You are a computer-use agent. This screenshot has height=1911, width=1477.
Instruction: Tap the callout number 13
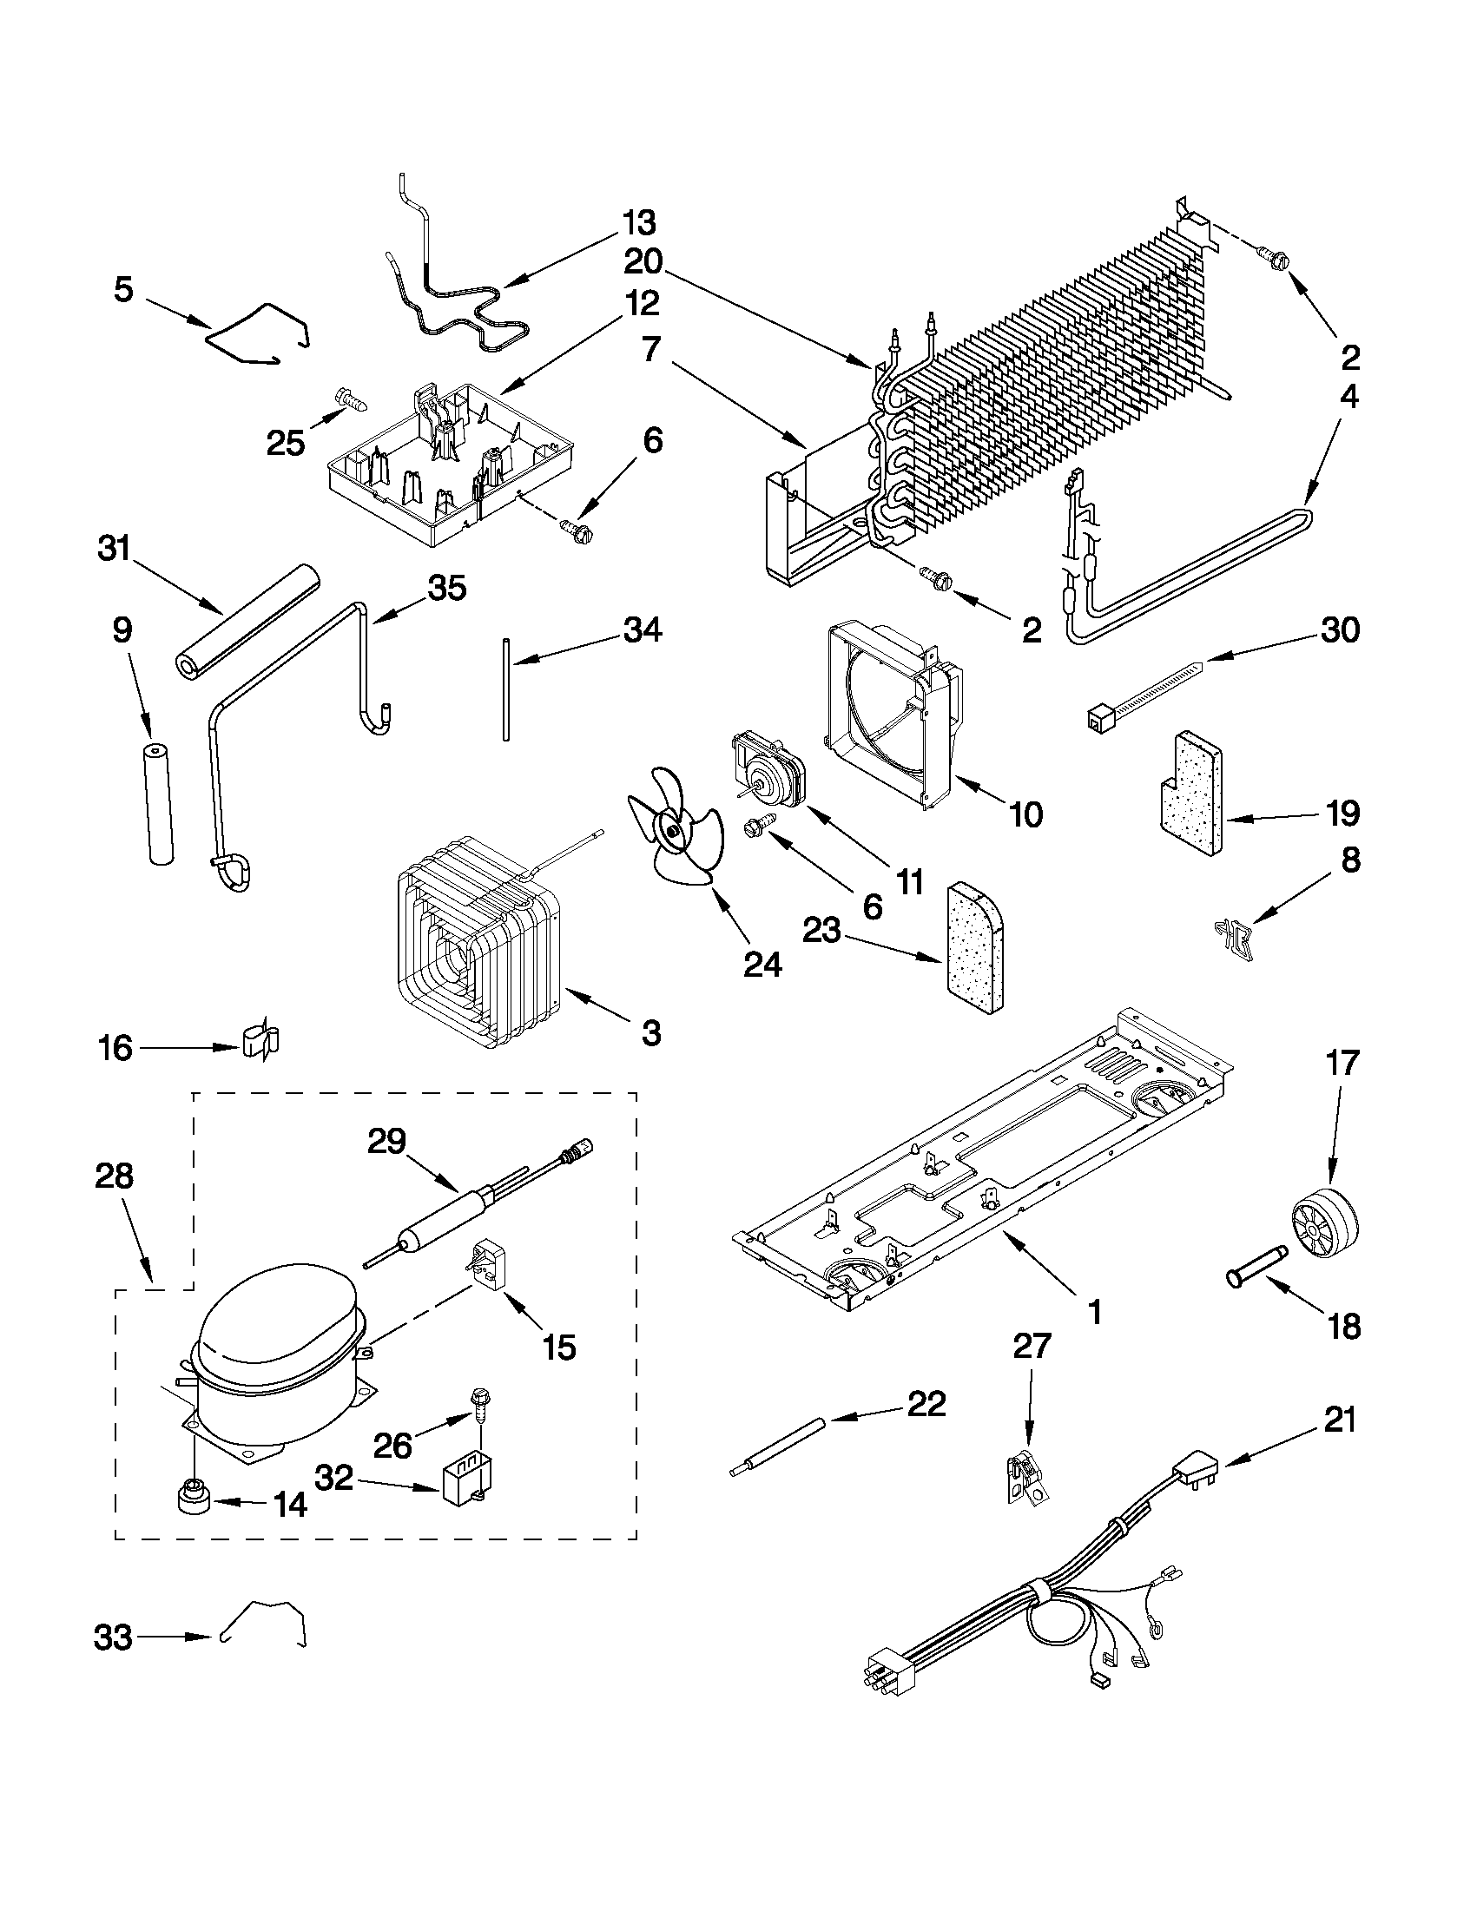(x=639, y=223)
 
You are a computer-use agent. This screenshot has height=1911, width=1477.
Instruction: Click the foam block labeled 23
(x=975, y=947)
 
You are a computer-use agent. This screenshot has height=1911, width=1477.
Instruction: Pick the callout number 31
(x=114, y=549)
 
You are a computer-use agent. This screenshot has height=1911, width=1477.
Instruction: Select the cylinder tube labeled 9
(x=159, y=804)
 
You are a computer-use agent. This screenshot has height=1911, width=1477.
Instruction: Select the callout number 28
(x=114, y=1175)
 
